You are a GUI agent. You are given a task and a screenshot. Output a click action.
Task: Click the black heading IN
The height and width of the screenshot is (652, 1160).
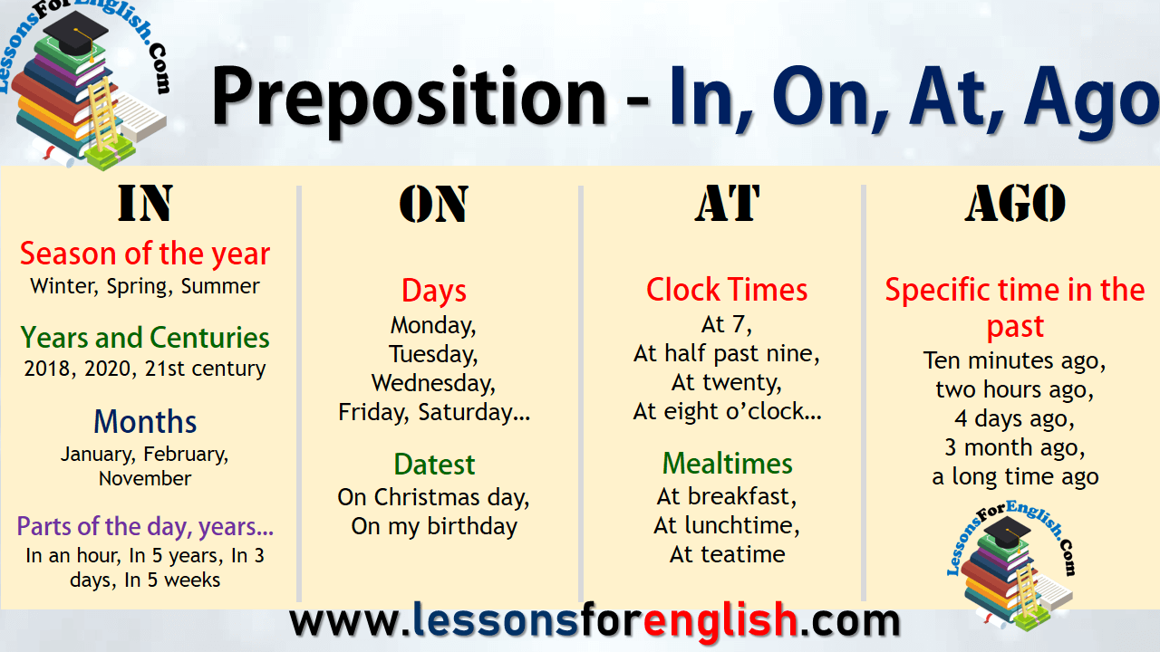click(x=145, y=205)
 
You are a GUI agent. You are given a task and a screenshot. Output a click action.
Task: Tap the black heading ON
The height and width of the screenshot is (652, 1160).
click(x=434, y=205)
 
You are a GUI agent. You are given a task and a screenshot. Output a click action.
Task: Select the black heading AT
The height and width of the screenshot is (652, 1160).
click(x=727, y=205)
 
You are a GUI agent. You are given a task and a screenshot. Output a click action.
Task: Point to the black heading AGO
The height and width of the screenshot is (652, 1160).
click(x=1015, y=205)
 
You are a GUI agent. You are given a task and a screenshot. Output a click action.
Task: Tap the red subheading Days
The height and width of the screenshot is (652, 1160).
click(x=434, y=291)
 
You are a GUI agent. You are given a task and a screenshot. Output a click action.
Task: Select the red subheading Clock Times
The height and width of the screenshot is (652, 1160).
click(x=727, y=290)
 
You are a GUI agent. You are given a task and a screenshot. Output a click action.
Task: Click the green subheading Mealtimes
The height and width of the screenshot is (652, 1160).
click(x=727, y=463)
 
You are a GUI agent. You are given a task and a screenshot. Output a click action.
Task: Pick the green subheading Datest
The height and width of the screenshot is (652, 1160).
click(x=434, y=464)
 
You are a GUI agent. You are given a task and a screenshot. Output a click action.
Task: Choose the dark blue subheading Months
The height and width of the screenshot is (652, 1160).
click(x=145, y=421)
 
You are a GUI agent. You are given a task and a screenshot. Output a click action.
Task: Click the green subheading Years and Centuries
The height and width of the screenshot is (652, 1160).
click(x=145, y=338)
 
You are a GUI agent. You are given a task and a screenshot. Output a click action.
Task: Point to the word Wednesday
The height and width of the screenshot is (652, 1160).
click(x=434, y=382)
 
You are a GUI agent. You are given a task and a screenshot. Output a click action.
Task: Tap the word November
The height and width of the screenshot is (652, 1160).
click(x=145, y=478)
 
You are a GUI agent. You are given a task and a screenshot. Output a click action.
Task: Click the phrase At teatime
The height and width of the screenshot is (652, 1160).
click(x=727, y=554)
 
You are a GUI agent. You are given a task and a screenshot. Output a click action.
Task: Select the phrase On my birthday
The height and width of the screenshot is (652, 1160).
click(x=434, y=526)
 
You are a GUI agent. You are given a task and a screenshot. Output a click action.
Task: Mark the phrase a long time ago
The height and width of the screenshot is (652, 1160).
click(x=1015, y=476)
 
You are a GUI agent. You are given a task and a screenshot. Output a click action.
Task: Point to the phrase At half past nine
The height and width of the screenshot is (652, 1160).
click(x=727, y=353)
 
